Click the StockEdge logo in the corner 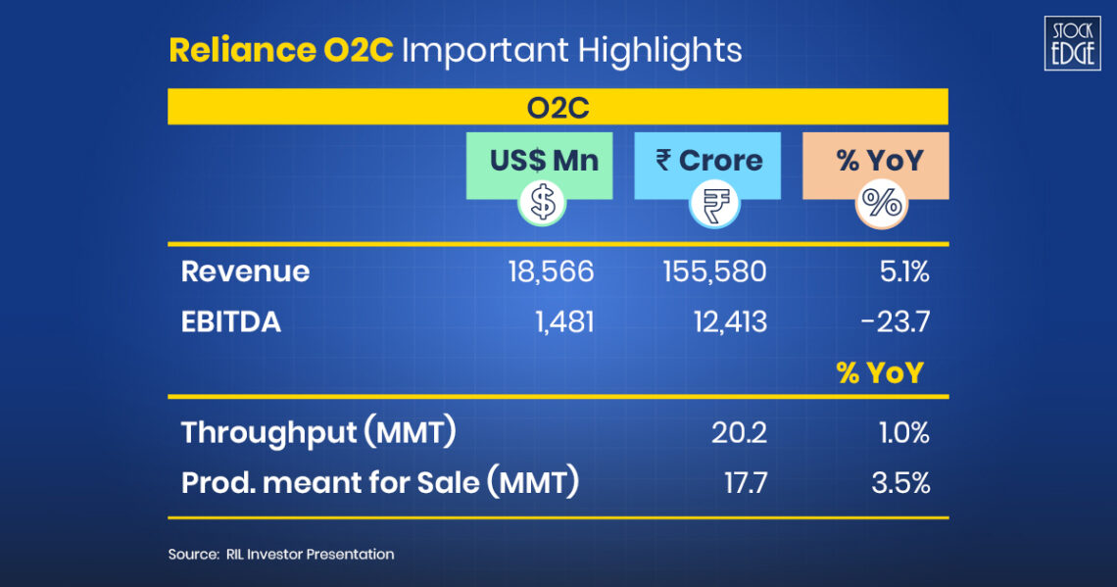click(x=1072, y=43)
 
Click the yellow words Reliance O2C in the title click(x=280, y=51)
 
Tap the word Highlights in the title click(x=659, y=51)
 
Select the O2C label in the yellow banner click(x=558, y=108)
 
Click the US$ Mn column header click(x=544, y=161)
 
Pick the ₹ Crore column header click(x=708, y=161)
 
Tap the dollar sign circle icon click(x=542, y=202)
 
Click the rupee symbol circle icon click(x=714, y=204)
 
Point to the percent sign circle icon click(x=881, y=204)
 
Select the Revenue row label click(x=245, y=271)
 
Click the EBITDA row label click(x=231, y=322)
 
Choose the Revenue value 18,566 click(x=551, y=271)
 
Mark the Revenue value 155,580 click(x=714, y=271)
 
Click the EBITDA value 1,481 click(x=564, y=322)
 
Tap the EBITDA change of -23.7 click(x=895, y=322)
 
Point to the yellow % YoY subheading click(x=880, y=372)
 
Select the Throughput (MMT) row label click(x=318, y=433)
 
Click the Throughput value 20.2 click(x=740, y=432)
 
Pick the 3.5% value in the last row click(x=900, y=483)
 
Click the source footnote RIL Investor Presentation click(x=310, y=555)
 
